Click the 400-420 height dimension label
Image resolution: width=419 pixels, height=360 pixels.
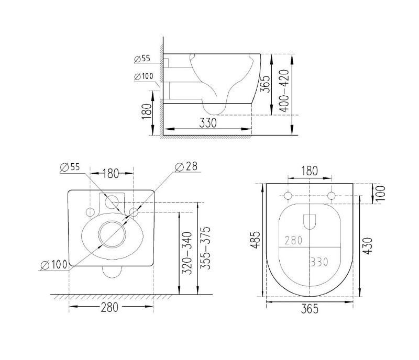pyautogui.click(x=285, y=91)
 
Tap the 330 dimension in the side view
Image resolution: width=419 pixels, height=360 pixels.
pyautogui.click(x=208, y=123)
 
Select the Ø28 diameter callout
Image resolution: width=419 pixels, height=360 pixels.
pyautogui.click(x=186, y=166)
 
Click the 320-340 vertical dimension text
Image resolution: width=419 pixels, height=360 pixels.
pyautogui.click(x=187, y=253)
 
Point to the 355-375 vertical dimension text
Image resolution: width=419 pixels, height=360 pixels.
pyautogui.click(x=205, y=248)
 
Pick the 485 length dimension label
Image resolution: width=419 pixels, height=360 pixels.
pyautogui.click(x=256, y=240)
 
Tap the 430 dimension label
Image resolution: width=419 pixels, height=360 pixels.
pyautogui.click(x=368, y=246)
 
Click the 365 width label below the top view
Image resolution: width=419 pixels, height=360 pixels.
pyautogui.click(x=310, y=309)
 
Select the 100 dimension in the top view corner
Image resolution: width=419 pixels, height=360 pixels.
pyautogui.click(x=381, y=193)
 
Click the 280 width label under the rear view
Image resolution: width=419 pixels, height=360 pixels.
pyautogui.click(x=109, y=307)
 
